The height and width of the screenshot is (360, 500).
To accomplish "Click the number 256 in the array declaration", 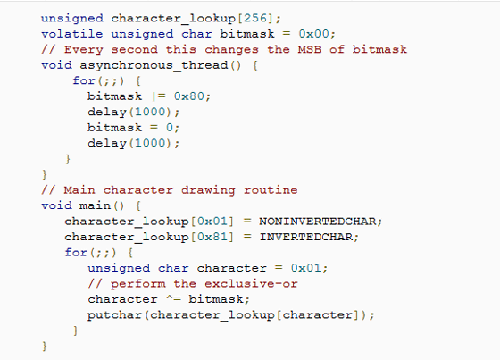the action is (255, 18).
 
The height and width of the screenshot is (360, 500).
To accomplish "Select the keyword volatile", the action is (72, 34).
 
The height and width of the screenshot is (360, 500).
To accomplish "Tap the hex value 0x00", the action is (313, 34).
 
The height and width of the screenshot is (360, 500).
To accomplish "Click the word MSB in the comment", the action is (309, 49).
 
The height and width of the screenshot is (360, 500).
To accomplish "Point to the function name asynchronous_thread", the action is (154, 65).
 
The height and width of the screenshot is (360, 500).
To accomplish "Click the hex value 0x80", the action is (189, 96).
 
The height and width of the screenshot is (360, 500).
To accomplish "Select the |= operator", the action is (158, 96).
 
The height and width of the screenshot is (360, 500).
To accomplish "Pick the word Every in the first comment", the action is (84, 49).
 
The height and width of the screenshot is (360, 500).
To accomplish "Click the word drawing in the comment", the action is (208, 190).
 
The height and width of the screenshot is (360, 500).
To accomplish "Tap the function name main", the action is (95, 205).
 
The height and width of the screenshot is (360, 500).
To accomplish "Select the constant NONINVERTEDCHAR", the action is (317, 221).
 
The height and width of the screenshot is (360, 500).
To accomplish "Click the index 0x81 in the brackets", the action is (212, 237).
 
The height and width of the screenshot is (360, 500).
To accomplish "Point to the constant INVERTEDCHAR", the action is (305, 237).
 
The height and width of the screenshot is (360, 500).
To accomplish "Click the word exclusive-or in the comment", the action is (251, 283).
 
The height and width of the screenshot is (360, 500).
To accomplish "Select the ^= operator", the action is (174, 299).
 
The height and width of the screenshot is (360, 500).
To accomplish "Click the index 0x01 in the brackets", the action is (212, 221).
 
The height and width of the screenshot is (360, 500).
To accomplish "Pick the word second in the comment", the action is (134, 49).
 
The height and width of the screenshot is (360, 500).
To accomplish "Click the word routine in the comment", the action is (271, 190).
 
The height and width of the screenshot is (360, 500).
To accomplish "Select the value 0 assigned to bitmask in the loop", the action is (170, 128).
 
